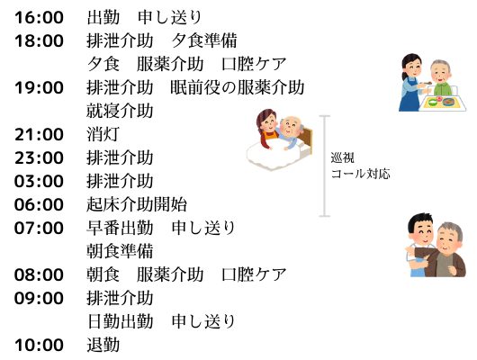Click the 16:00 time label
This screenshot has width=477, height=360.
[39, 17]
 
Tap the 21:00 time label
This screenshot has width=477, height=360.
[39, 134]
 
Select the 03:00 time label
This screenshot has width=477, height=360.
[39, 181]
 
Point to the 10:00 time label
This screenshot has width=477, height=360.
[39, 345]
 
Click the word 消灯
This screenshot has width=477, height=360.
[103, 134]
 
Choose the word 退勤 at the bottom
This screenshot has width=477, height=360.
[103, 345]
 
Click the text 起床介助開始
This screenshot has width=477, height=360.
[137, 204]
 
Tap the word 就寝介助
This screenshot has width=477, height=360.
[120, 111]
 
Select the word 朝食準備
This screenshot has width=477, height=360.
[120, 251]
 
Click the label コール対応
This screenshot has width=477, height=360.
[361, 174]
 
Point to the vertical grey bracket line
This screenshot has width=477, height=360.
[325, 166]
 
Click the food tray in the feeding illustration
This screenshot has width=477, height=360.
[443, 102]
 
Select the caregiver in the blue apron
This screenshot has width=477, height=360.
[411, 83]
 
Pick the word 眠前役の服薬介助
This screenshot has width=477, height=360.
[238, 87]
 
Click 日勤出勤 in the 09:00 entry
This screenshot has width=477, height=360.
[120, 321]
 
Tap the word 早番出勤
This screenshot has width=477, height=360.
[120, 228]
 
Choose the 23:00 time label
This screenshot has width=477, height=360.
[39, 157]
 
